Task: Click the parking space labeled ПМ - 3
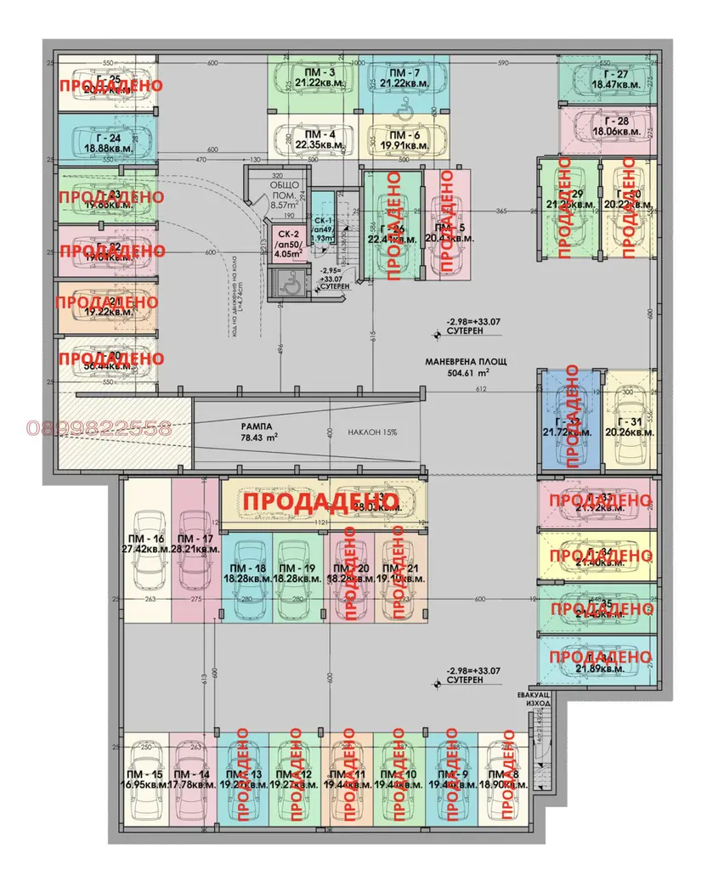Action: (312, 83)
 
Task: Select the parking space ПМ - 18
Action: (246, 573)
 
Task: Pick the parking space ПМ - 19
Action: (297, 573)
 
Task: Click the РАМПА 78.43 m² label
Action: (259, 432)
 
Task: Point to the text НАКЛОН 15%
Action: (371, 432)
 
